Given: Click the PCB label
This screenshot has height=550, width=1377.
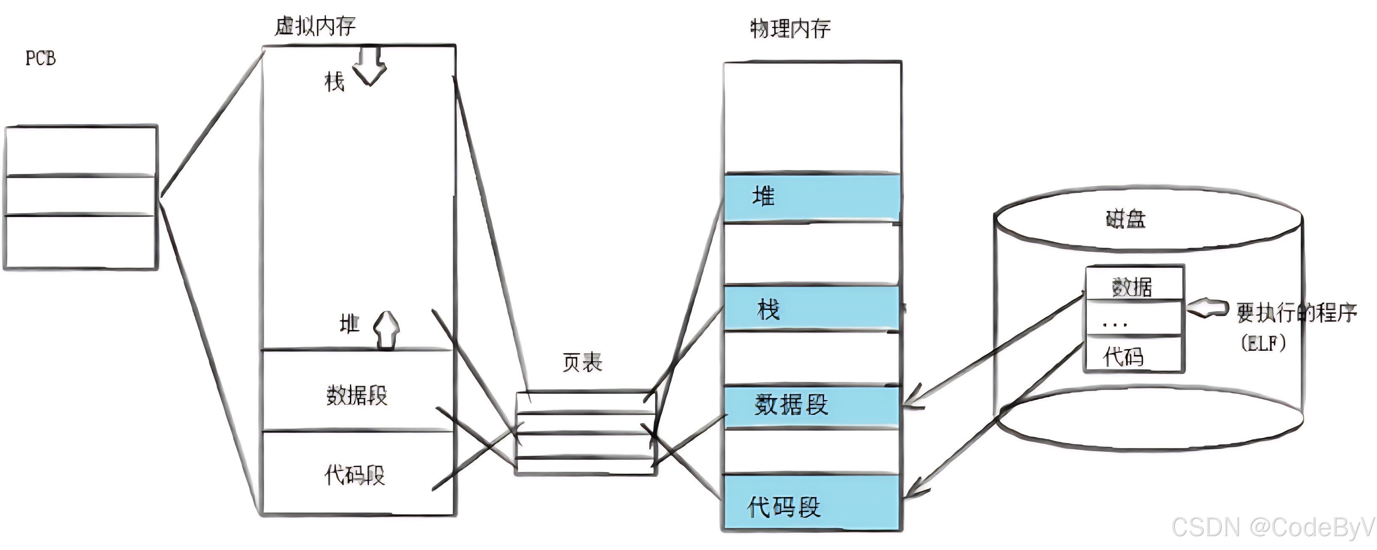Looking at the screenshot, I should click(x=40, y=58).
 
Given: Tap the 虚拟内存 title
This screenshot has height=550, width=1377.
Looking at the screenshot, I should click(x=315, y=26).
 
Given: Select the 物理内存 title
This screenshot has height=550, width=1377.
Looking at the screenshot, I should click(x=790, y=28).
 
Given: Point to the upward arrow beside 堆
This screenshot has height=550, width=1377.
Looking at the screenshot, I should click(x=386, y=330).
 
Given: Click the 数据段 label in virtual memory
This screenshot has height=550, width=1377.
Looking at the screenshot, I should click(x=357, y=396).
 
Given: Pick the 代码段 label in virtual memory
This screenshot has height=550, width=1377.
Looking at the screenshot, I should click(x=355, y=475).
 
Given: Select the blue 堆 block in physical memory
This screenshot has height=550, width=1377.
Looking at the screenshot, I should click(x=812, y=197).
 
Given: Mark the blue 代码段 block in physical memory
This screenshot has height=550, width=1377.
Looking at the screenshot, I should click(x=812, y=505).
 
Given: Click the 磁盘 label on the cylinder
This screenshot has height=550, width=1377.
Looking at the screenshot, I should click(x=1125, y=219).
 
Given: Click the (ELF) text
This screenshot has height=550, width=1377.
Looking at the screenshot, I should click(x=1264, y=343).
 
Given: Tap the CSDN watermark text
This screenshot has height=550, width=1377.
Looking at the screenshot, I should click(x=1272, y=528).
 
